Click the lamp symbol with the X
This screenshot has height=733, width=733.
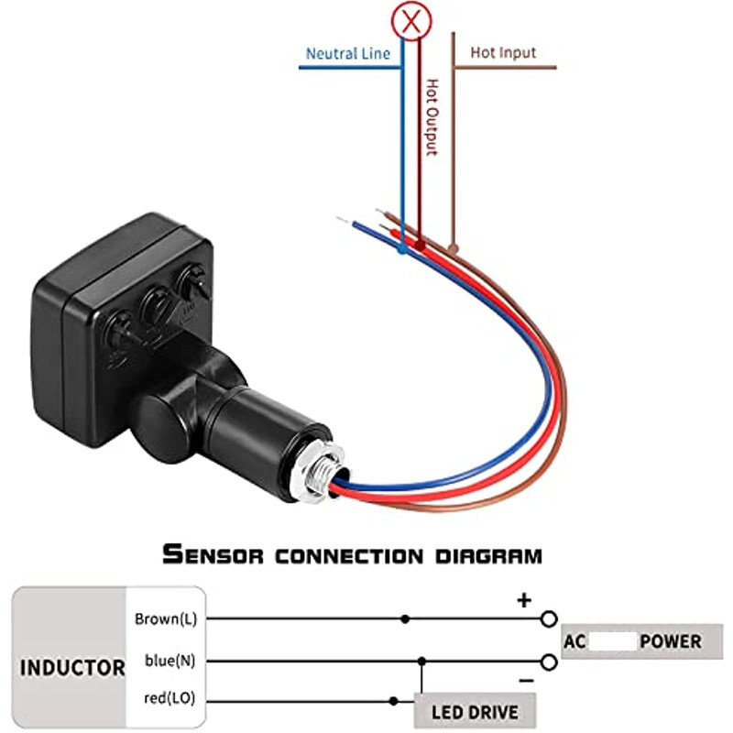[411, 19]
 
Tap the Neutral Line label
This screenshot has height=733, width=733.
[347, 54]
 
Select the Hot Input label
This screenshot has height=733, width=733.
[503, 53]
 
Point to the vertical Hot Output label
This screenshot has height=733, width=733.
[432, 116]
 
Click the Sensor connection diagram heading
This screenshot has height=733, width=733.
[352, 554]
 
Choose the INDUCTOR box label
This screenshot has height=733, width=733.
[72, 667]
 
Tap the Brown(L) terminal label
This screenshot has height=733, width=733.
[165, 618]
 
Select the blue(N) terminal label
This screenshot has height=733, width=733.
[170, 660]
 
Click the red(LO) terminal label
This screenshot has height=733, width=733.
[170, 700]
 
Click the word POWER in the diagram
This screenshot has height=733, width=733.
[671, 641]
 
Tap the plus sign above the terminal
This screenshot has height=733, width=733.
[524, 601]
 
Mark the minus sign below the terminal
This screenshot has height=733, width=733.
[525, 681]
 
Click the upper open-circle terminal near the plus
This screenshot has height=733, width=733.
[549, 619]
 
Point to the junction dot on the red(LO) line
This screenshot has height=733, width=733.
[393, 701]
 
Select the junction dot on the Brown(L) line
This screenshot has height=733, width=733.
[405, 619]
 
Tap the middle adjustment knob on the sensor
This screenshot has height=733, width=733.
[156, 301]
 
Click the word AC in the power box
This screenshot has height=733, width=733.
[574, 641]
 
